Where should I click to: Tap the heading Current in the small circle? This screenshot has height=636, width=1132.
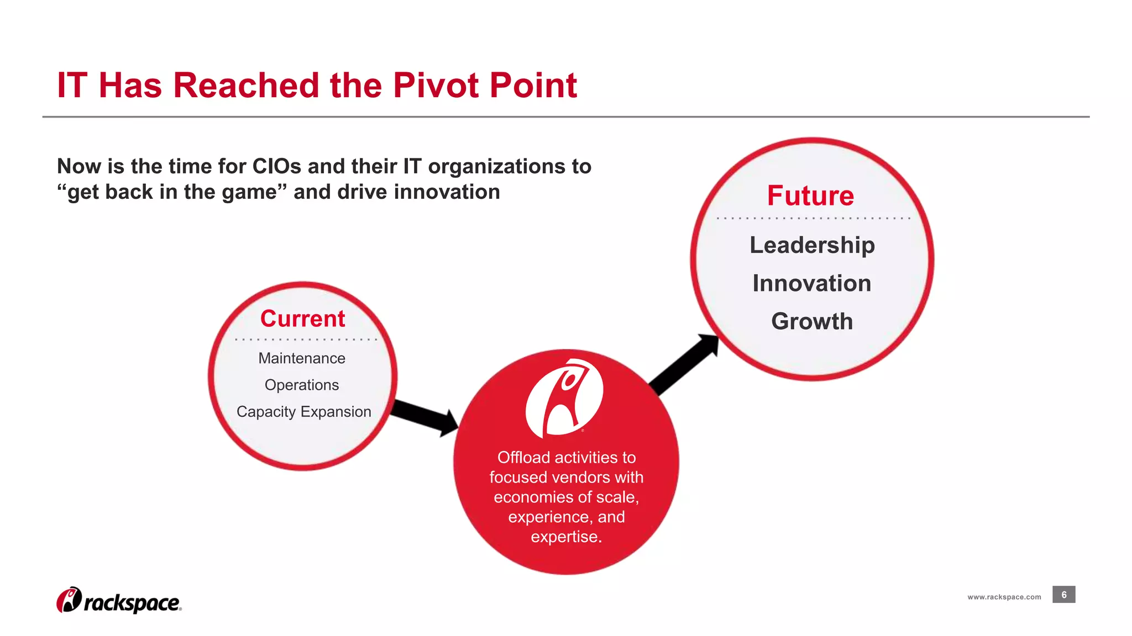[302, 319]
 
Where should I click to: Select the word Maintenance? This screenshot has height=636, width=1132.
[302, 358]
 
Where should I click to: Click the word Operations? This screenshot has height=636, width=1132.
[302, 385]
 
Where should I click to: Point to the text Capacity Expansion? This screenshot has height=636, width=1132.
[303, 412]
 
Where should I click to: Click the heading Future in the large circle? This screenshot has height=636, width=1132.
[810, 196]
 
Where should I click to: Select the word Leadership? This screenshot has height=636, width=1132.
[812, 245]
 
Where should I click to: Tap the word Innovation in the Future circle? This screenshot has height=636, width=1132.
[811, 283]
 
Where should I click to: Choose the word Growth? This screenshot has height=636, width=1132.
[812, 321]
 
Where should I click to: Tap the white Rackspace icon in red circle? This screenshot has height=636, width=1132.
[564, 397]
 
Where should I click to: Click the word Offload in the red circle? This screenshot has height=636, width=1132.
[523, 458]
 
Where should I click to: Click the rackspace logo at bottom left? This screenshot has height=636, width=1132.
[119, 601]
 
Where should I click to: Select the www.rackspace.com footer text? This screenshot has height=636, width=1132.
[1004, 597]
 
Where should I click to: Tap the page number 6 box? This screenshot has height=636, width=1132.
[1063, 595]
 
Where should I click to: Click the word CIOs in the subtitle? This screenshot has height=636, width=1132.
[276, 166]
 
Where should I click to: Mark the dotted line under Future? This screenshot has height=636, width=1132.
[813, 219]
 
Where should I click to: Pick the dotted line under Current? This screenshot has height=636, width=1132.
[305, 340]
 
